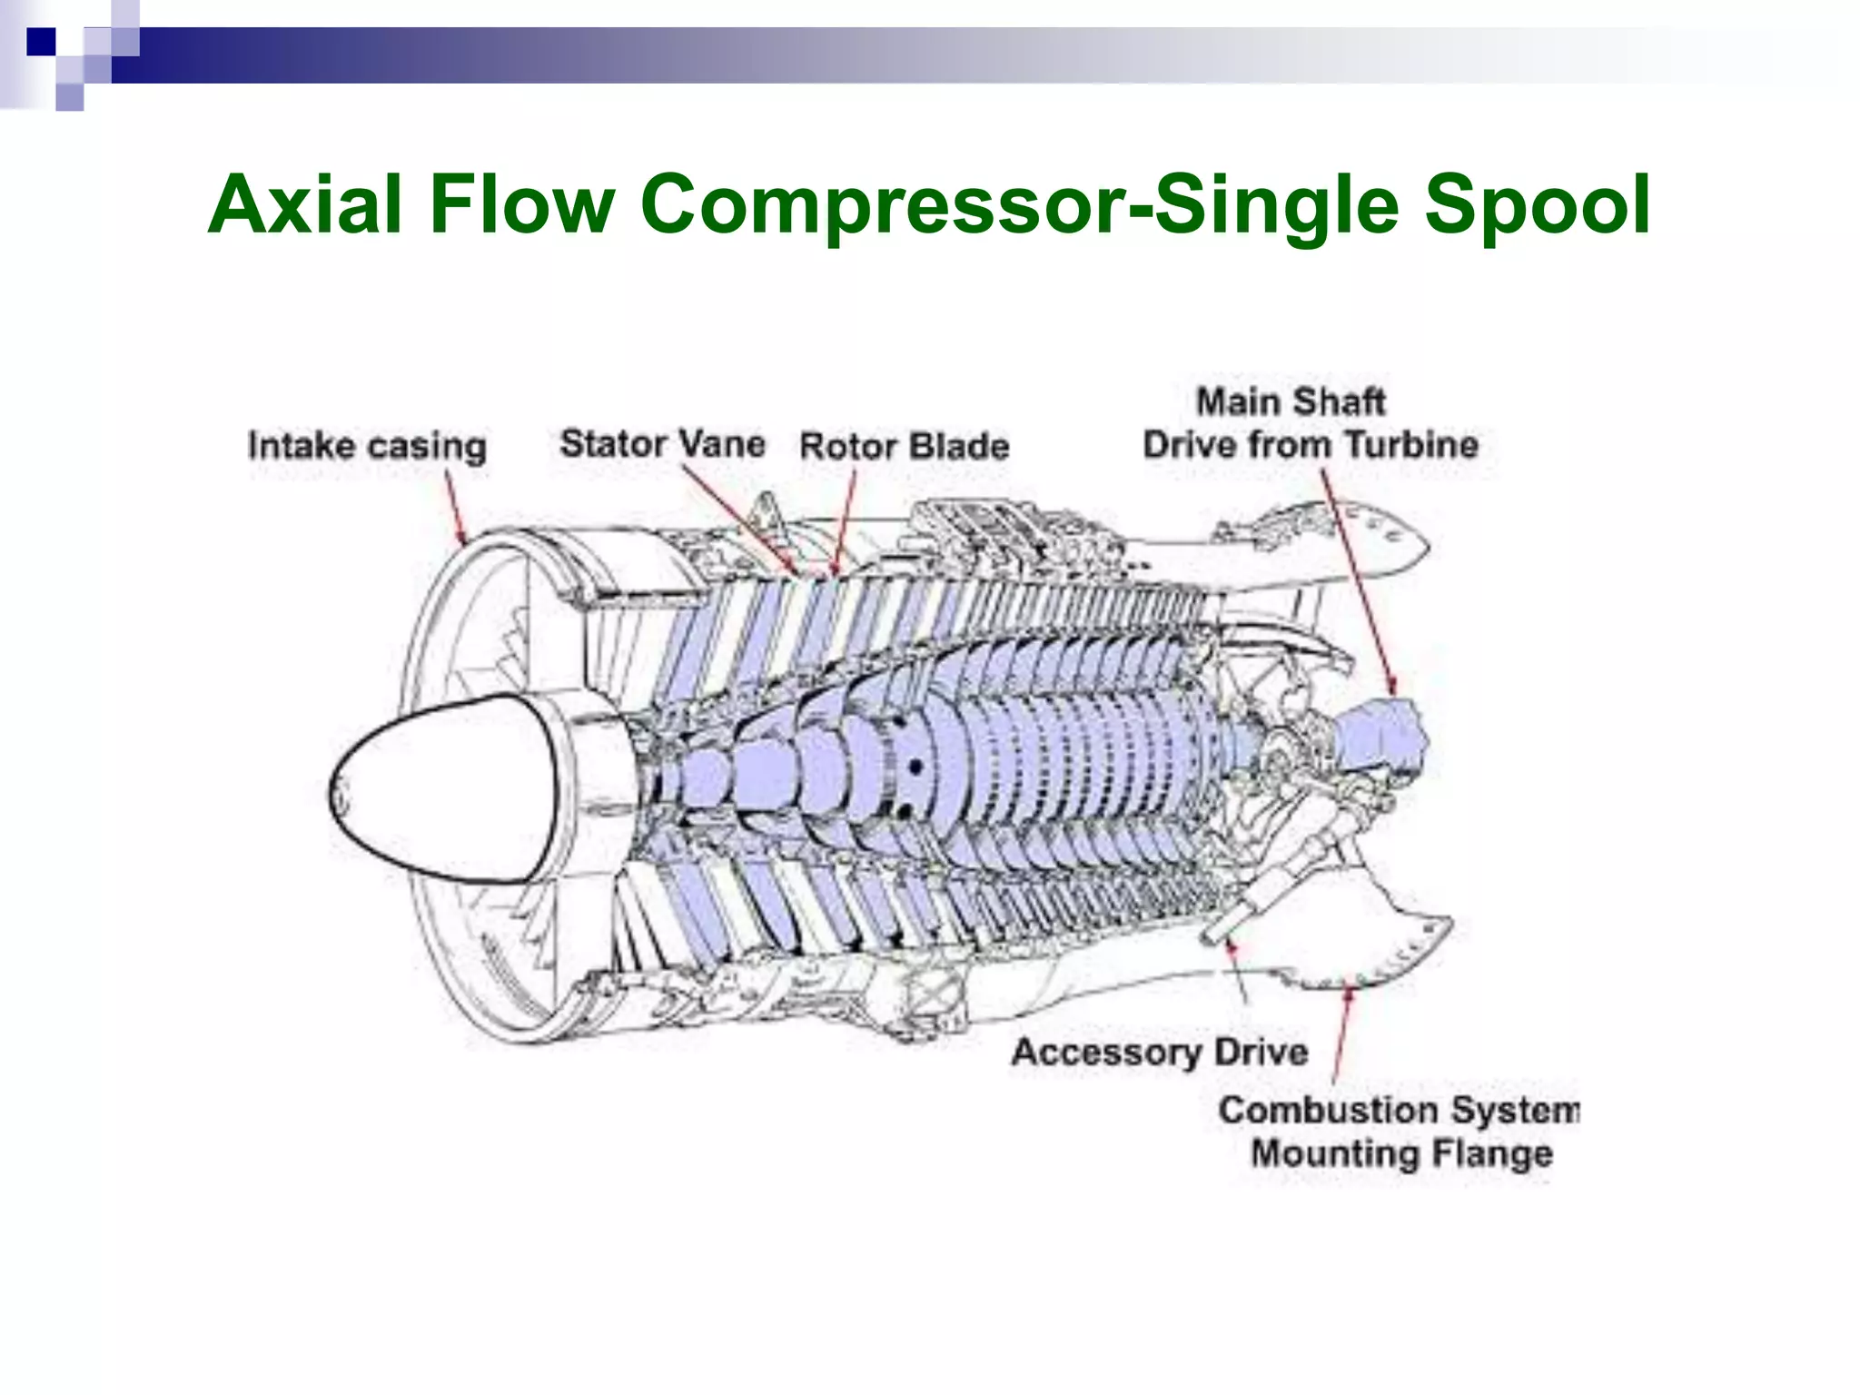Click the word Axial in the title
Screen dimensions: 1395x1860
click(x=305, y=205)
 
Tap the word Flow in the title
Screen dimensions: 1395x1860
click(x=522, y=205)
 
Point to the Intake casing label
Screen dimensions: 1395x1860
click(x=367, y=447)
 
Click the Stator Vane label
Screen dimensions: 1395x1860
click(x=662, y=444)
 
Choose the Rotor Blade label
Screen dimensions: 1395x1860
click(x=904, y=446)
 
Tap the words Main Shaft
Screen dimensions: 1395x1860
click(x=1291, y=401)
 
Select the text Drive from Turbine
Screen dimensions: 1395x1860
click(x=1310, y=445)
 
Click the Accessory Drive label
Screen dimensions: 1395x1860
click(x=1160, y=1052)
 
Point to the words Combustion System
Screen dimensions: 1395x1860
click(x=1399, y=1110)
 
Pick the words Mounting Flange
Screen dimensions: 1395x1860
click(x=1401, y=1153)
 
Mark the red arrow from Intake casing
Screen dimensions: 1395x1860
click(x=455, y=509)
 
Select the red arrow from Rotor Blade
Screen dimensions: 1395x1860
click(x=844, y=527)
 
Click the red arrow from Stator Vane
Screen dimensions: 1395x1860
click(x=740, y=521)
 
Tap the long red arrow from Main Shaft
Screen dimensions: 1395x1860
click(x=1357, y=581)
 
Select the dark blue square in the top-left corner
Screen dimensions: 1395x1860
click(x=41, y=43)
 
